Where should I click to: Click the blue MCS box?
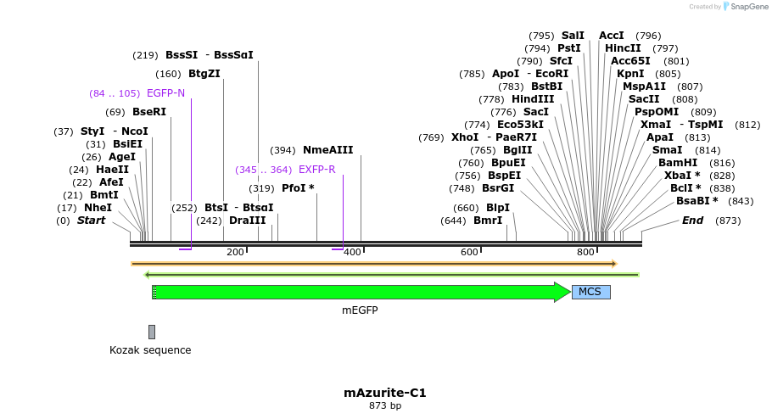[x=590, y=292]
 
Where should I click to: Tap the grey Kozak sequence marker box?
[x=152, y=332]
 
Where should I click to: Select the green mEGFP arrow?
[x=361, y=292]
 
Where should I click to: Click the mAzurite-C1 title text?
[x=385, y=393]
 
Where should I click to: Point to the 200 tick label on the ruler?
[x=235, y=252]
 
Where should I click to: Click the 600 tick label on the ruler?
[x=469, y=252]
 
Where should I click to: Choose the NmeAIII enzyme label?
[x=328, y=150]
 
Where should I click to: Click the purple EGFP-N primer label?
[x=166, y=93]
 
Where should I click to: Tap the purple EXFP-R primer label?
[x=317, y=170]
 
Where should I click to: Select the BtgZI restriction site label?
[x=204, y=74]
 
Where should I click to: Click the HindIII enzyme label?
[x=533, y=99]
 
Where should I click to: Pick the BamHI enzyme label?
[x=678, y=163]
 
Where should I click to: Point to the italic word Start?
[x=91, y=220]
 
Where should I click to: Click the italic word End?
[x=693, y=220]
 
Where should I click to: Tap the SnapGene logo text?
[x=749, y=7]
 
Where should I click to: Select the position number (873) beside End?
[x=728, y=221]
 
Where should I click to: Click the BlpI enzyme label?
[x=498, y=208]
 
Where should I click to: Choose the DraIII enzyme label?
[x=248, y=220]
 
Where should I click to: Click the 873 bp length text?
[x=385, y=405]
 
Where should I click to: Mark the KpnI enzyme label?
[x=630, y=74]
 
